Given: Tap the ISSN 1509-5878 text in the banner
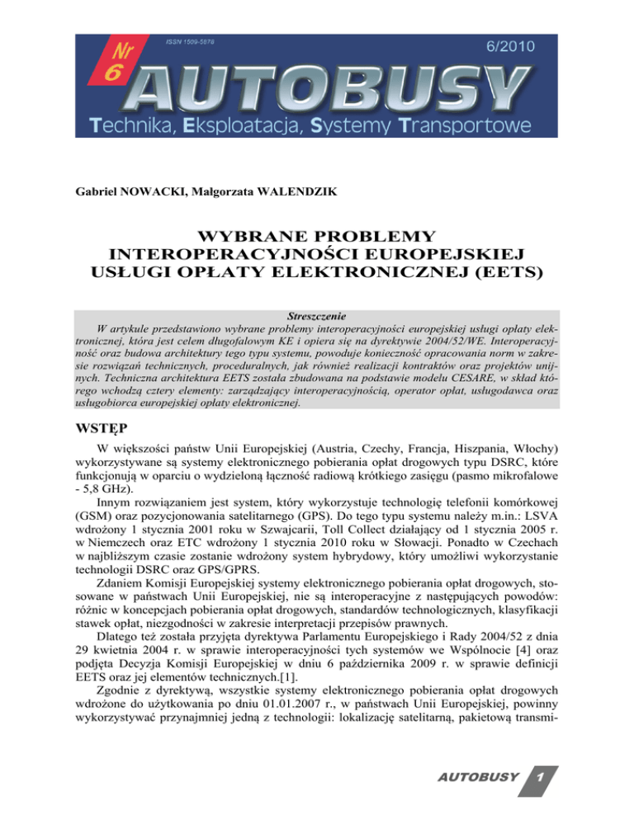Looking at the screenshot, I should coord(195,41).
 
